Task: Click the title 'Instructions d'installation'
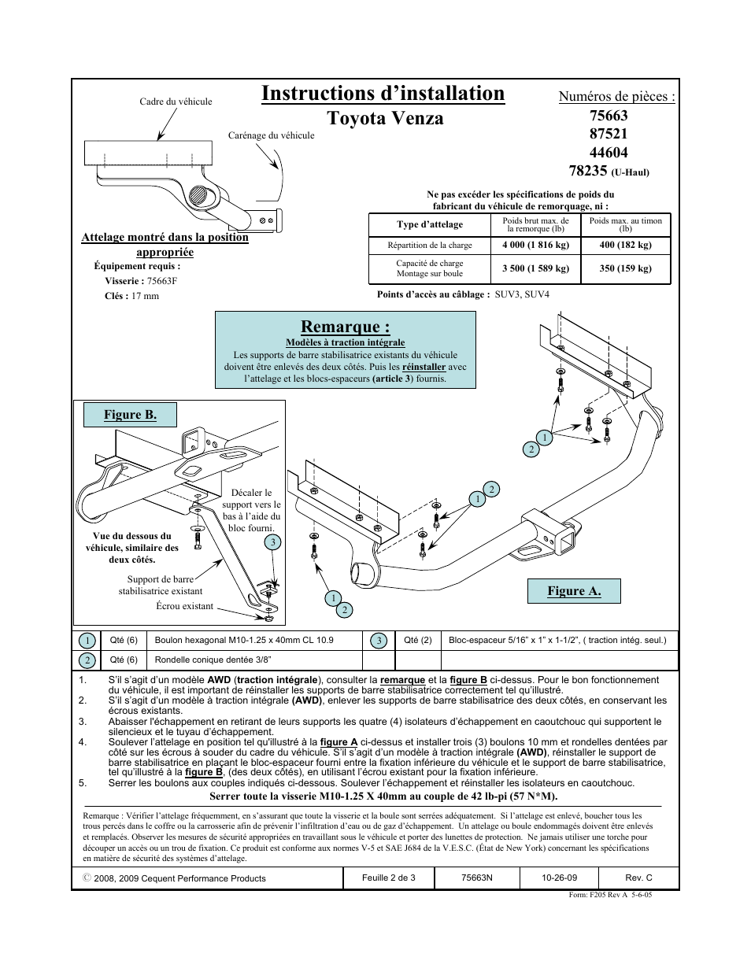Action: click(383, 94)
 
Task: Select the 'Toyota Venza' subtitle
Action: click(385, 118)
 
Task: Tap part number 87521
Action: click(609, 134)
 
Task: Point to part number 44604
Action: click(609, 153)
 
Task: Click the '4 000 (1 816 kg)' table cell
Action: click(535, 245)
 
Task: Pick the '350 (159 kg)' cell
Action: click(625, 268)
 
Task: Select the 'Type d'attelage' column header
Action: click(430, 224)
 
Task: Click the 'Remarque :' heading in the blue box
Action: click(345, 327)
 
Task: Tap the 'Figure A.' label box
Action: click(574, 591)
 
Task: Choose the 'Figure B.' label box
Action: click(130, 415)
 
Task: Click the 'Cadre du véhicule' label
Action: click(176, 102)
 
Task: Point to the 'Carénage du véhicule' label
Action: click(271, 135)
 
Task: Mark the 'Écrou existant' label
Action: click(184, 606)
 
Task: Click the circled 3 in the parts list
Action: click(379, 641)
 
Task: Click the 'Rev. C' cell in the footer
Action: click(638, 878)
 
